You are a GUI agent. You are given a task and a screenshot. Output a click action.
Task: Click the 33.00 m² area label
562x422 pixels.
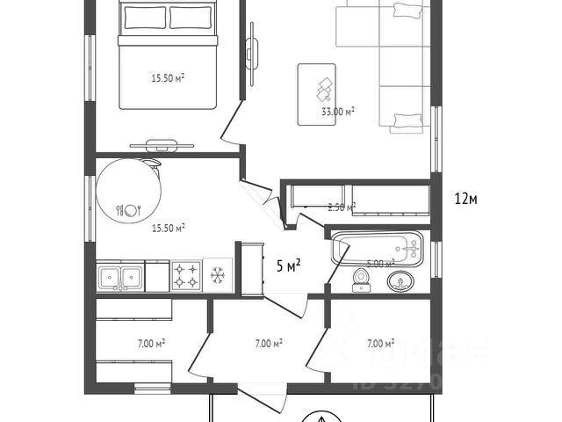[x=338, y=112]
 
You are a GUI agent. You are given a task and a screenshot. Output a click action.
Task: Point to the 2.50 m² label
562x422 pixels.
[x=341, y=207]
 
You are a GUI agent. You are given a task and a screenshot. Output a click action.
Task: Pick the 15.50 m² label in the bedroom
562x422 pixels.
[x=168, y=77]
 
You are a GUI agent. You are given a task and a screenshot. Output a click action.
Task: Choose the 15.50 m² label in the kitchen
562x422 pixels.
[x=168, y=228]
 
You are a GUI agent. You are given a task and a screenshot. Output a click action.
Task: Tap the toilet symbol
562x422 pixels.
[x=361, y=280]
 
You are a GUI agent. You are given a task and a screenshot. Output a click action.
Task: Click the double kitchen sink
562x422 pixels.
[x=121, y=275]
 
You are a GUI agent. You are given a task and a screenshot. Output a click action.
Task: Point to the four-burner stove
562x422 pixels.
[x=185, y=276]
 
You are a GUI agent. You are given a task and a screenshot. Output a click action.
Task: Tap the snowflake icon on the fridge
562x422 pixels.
[x=217, y=276]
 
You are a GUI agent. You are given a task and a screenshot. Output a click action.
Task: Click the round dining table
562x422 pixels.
[x=128, y=189]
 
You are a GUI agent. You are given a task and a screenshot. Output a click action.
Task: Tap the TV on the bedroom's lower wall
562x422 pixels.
[x=162, y=143]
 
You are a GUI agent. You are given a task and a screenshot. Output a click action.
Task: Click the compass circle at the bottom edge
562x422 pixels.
[x=325, y=417]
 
